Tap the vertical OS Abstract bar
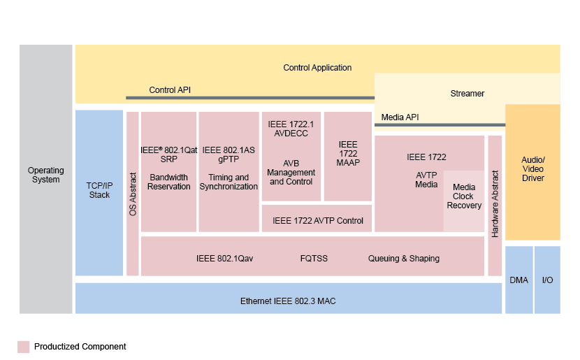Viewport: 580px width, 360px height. [x=133, y=193]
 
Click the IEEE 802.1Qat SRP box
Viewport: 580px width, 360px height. [x=168, y=171]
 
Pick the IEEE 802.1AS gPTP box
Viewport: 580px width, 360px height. [x=229, y=171]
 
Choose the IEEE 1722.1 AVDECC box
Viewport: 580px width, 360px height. [x=291, y=156]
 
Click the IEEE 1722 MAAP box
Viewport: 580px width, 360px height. [x=348, y=156]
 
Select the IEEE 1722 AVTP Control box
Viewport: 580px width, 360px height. [x=317, y=220]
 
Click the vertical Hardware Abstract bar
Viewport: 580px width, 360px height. [x=495, y=204]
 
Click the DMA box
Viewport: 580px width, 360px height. [x=519, y=280]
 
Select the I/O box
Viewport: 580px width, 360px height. [x=547, y=280]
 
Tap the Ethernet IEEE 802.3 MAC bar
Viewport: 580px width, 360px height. [x=288, y=301]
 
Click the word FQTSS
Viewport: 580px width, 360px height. [x=314, y=258]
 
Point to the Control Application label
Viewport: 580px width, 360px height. [x=317, y=68]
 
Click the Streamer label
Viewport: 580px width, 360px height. [x=467, y=93]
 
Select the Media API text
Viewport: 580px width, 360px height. [x=400, y=117]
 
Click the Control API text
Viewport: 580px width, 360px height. [x=170, y=89]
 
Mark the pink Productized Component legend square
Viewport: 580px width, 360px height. [x=24, y=347]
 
